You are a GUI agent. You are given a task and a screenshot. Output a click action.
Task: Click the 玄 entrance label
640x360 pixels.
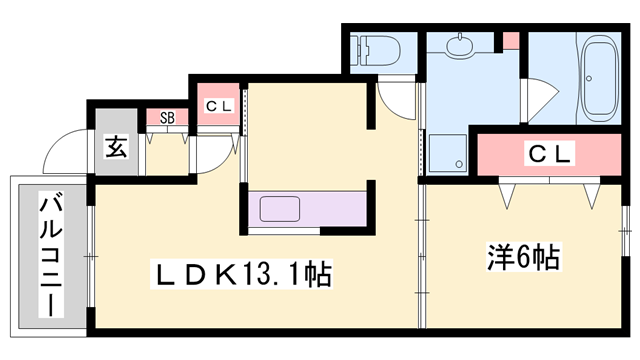click(115, 148)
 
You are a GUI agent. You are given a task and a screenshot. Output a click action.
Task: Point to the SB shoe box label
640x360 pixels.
click(167, 118)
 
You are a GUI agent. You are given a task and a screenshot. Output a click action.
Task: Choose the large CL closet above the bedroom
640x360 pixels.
click(549, 154)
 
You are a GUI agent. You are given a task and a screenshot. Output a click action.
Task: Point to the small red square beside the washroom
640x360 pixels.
click(511, 42)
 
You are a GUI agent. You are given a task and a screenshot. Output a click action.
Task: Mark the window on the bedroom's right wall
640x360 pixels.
click(627, 240)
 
